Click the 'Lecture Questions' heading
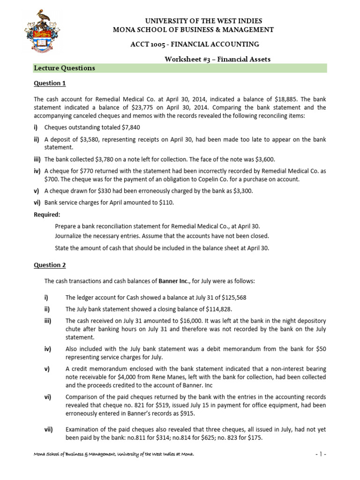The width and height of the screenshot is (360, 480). tap(65, 68)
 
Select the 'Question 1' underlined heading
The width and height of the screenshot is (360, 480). tap(50, 83)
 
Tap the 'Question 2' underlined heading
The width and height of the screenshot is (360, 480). tap(50, 265)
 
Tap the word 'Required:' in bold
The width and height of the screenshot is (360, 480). tap(47, 214)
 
